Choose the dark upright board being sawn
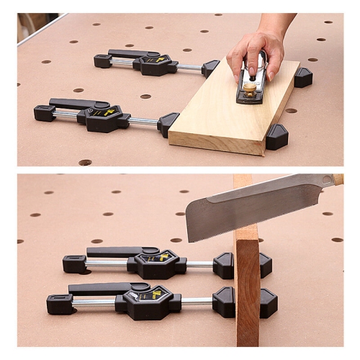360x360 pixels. tap(246, 288)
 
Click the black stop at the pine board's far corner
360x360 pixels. tap(303, 77)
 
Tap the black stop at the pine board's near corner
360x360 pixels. tap(276, 137)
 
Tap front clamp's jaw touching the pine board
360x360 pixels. tap(168, 123)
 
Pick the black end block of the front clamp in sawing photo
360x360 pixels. tap(59, 304)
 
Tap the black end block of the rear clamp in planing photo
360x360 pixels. tap(102, 61)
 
